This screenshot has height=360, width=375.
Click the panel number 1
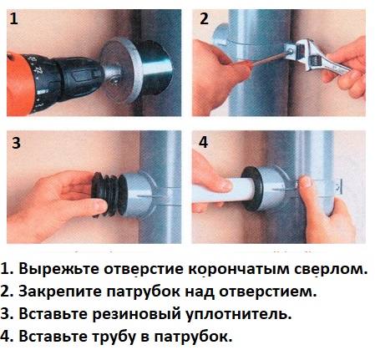pyautogui.click(x=13, y=18)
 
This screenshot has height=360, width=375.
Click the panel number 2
pyautogui.click(x=204, y=18)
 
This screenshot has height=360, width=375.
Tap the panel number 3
pyautogui.click(x=16, y=143)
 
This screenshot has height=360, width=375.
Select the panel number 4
pyautogui.click(x=203, y=142)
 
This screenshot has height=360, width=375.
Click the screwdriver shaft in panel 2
pyautogui.click(x=266, y=59)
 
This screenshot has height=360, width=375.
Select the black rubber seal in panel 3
pyautogui.click(x=107, y=194)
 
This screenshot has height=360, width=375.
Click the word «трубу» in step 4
pyautogui.click(x=114, y=337)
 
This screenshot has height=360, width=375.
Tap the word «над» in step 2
pyautogui.click(x=200, y=292)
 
